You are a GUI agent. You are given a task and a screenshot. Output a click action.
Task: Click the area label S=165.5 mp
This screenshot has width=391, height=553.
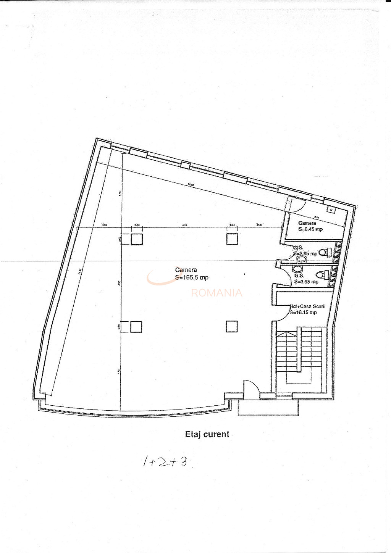192,278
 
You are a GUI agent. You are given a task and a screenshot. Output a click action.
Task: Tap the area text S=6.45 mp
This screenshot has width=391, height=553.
310,229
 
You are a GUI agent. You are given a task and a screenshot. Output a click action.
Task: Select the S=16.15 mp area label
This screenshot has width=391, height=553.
304,313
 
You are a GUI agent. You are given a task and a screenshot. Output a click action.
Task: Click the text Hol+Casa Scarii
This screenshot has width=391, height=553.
307,306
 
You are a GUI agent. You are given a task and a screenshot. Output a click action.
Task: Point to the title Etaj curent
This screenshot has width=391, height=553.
207,434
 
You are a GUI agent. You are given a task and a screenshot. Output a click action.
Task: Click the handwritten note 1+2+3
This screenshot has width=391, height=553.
165,462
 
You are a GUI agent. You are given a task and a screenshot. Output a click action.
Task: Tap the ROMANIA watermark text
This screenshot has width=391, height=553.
217,293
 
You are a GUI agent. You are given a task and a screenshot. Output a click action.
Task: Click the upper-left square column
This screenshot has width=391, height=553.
137,239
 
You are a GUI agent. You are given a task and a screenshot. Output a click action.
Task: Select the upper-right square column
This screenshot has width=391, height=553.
232,239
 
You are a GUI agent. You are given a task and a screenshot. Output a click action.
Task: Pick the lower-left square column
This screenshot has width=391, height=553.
136,327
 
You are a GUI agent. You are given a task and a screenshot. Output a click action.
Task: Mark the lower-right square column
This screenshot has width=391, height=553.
232,327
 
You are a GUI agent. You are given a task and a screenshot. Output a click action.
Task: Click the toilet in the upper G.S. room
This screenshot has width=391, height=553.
324,252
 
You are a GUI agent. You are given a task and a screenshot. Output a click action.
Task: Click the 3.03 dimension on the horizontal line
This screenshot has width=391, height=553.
104,225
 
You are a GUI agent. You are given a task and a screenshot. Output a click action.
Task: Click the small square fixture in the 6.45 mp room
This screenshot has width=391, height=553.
330,209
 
